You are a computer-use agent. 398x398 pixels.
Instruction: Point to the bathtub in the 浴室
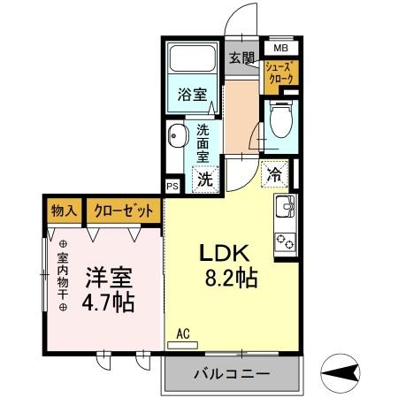pos(192,60)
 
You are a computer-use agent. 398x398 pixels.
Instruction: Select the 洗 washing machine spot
pos(204,178)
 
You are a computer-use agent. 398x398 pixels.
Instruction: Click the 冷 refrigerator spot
pos(276,174)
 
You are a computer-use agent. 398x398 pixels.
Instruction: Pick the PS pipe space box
pos(172,188)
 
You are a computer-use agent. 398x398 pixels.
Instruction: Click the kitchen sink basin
pos(287,210)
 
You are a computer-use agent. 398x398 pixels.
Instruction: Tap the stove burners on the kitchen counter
pos(287,240)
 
